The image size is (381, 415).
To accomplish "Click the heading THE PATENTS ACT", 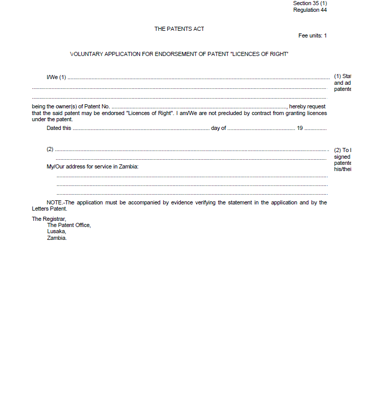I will point(179,29).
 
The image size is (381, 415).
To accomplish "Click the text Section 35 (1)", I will point(310,3).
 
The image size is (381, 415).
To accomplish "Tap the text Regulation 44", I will point(310,10).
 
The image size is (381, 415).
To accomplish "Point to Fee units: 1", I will point(313,35).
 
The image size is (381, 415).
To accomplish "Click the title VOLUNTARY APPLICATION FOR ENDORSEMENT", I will point(179,54).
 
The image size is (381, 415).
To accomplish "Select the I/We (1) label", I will point(57,77).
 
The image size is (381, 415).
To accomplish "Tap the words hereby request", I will point(307,106).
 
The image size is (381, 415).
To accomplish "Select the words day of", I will point(218,128).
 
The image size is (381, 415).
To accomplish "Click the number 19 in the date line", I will point(300,128).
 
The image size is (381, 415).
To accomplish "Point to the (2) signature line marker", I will point(50,149).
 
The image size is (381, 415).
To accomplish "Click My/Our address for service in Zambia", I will point(93,166).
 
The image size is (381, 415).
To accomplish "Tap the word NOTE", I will point(54,202).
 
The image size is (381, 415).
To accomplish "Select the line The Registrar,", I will point(49,219).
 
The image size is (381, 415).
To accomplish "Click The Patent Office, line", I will point(69,225).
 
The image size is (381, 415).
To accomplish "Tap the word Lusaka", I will point(57,231).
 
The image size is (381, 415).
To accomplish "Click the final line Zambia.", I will point(57,238).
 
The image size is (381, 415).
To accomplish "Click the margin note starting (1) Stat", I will point(342,77).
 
